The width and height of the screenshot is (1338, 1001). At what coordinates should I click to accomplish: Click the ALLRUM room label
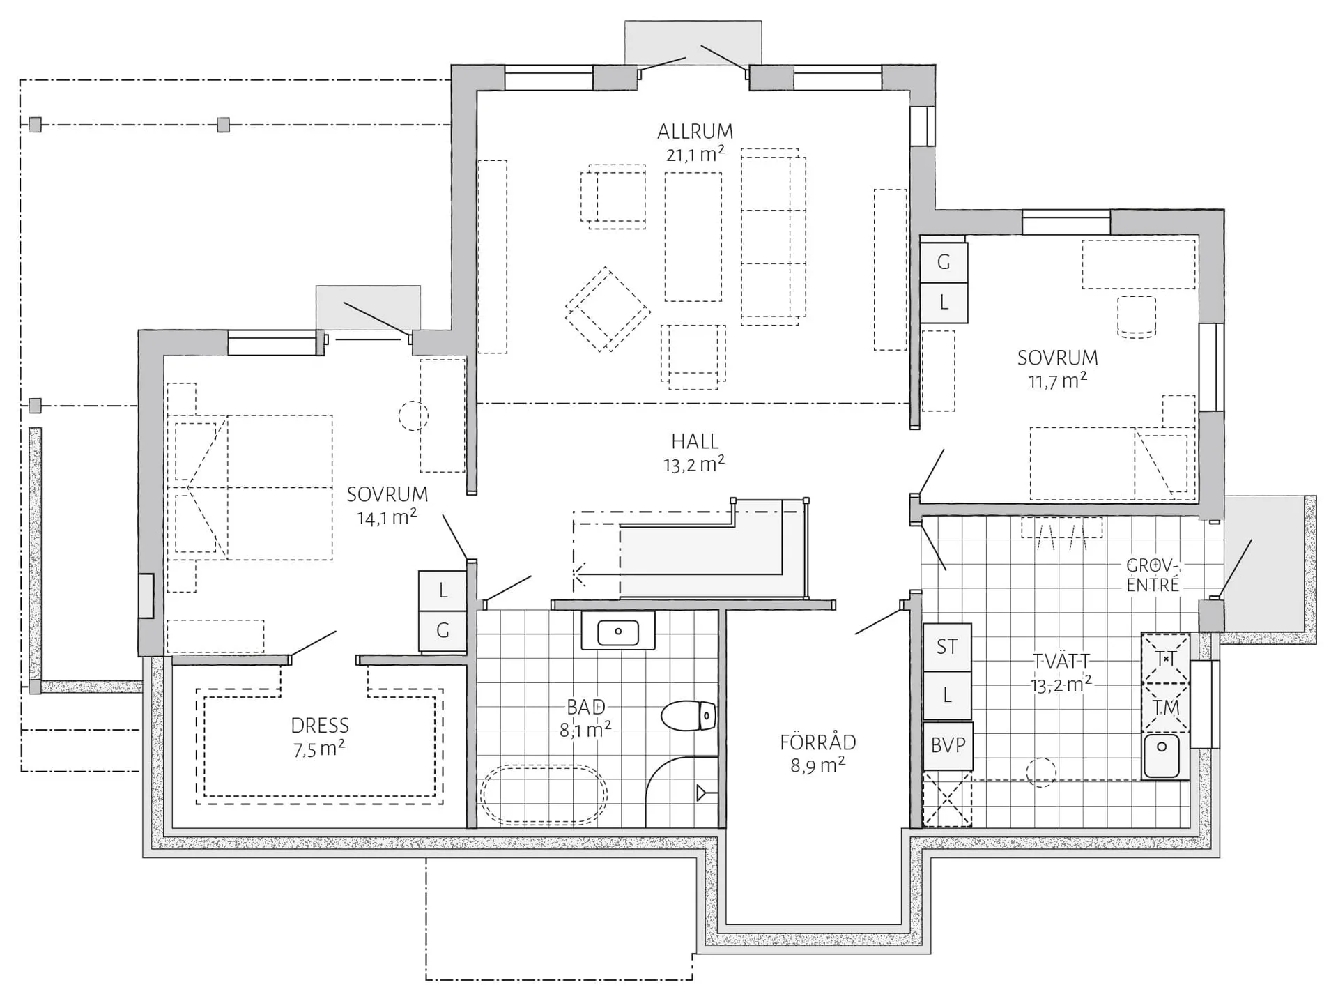(695, 131)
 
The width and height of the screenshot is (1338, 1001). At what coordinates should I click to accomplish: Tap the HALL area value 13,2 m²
(694, 464)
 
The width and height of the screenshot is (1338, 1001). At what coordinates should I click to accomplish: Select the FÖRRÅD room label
(817, 742)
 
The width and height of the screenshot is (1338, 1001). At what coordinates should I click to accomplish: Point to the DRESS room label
(320, 726)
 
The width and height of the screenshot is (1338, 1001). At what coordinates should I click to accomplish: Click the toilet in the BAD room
(689, 716)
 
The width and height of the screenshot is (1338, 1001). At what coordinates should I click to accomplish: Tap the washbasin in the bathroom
(618, 632)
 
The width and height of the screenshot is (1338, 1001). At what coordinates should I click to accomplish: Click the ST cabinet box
(947, 648)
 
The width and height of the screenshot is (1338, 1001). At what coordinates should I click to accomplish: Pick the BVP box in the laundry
(948, 746)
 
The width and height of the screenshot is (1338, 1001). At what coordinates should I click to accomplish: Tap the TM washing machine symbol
(1165, 708)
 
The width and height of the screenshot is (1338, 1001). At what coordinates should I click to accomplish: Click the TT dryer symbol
(1165, 658)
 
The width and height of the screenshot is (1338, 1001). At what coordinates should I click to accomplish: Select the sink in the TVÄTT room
(1162, 756)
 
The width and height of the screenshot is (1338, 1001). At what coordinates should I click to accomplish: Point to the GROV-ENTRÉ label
(1153, 575)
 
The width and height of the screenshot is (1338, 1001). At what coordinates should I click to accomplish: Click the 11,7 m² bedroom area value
(1058, 381)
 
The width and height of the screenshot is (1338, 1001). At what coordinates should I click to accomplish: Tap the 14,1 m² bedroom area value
(387, 517)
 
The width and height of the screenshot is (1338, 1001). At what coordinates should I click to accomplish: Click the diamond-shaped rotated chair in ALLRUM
(608, 310)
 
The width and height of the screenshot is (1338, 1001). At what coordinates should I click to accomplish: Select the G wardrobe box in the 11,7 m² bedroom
(944, 262)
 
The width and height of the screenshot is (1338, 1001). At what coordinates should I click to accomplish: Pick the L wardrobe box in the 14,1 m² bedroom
(443, 591)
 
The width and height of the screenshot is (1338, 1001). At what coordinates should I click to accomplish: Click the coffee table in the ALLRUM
(693, 237)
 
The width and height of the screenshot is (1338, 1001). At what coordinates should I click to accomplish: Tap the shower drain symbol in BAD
(702, 793)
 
